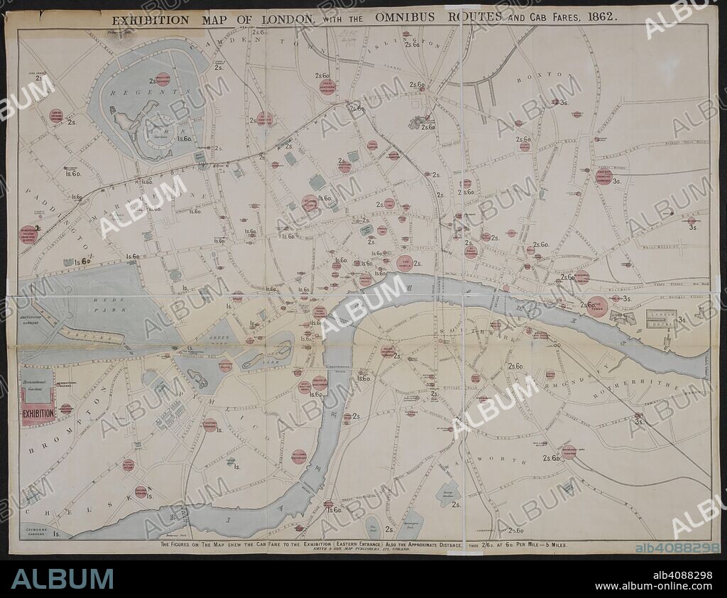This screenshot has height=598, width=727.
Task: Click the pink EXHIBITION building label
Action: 38,413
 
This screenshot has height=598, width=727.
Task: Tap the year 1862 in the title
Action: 596,15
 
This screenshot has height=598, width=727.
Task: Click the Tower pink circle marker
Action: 597,306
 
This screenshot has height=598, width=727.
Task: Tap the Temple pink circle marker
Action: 405,263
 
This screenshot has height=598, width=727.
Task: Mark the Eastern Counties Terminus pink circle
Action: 603,176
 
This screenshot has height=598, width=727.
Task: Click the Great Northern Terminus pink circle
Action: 327,87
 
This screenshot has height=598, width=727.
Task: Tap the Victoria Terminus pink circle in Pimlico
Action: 209,425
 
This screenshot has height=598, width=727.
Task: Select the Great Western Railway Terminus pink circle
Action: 28,234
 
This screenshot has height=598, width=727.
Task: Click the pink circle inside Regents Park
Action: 163,80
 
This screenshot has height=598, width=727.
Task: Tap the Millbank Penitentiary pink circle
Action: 299,456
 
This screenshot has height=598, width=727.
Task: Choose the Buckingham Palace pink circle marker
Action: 225,366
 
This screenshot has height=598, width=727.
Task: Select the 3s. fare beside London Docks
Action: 682,320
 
